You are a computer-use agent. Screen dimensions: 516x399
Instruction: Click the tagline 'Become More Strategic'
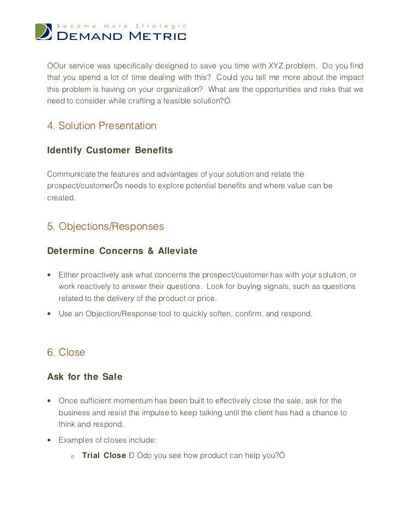pyautogui.click(x=122, y=26)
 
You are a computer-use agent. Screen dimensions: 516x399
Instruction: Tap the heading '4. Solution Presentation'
pyautogui.click(x=102, y=126)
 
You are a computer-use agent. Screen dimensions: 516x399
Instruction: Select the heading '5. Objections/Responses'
pyautogui.click(x=106, y=226)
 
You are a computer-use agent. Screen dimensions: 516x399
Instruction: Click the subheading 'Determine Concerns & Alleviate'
pyautogui.click(x=122, y=251)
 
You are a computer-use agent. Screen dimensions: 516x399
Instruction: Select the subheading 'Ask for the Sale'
pyautogui.click(x=84, y=377)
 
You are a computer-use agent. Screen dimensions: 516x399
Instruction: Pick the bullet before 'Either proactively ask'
pyautogui.click(x=50, y=274)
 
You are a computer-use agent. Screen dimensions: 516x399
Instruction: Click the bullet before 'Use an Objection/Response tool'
pyautogui.click(x=50, y=314)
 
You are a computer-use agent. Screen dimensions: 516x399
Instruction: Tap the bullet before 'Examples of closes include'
pyautogui.click(x=50, y=440)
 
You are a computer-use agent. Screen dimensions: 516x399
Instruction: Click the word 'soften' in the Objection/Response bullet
pyautogui.click(x=218, y=314)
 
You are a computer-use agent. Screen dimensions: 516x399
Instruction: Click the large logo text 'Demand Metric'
pyautogui.click(x=122, y=37)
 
